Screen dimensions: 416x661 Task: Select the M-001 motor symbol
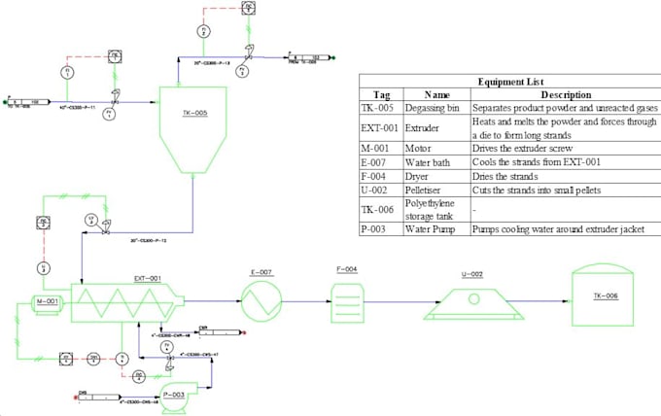point(46,302)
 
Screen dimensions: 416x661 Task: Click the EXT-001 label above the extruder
point(147,278)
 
